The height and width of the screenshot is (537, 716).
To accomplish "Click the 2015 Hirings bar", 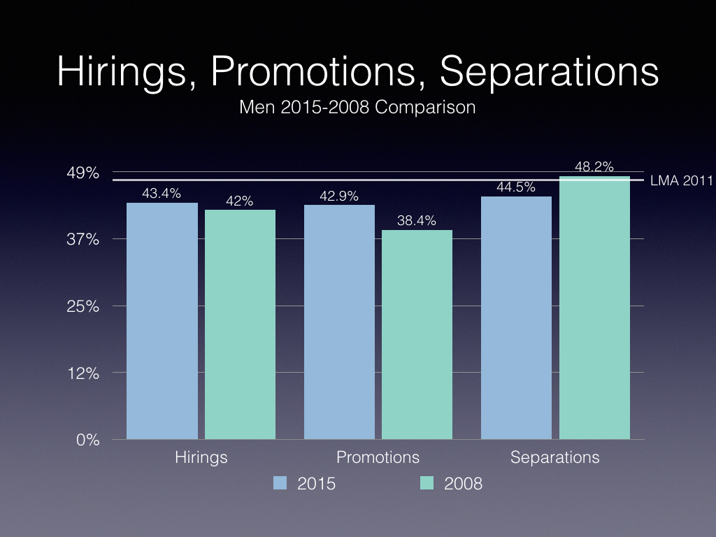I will (x=162, y=321).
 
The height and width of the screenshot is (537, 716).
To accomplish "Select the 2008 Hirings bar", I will (x=240, y=324).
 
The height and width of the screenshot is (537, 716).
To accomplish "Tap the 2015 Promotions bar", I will (x=339, y=322).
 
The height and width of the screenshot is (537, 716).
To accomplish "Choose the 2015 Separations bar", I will (x=517, y=317).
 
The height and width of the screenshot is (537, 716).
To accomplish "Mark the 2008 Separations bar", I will (x=594, y=308).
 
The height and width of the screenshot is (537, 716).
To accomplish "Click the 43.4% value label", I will (x=162, y=194).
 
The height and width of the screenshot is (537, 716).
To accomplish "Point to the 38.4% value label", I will (x=417, y=221).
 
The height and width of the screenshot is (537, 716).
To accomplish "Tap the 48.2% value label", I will (x=594, y=167).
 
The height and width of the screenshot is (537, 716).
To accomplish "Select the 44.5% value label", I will (x=516, y=187).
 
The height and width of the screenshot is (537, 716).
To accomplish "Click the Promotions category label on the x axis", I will (x=378, y=457).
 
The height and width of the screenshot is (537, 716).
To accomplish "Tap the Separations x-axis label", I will (x=555, y=457).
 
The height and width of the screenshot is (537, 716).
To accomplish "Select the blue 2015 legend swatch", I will (x=280, y=482).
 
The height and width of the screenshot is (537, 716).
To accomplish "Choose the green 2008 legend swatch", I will (x=427, y=482).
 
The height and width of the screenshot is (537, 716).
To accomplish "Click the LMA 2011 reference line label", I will (x=680, y=181).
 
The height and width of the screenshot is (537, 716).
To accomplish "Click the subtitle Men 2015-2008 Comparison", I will (x=357, y=108).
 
